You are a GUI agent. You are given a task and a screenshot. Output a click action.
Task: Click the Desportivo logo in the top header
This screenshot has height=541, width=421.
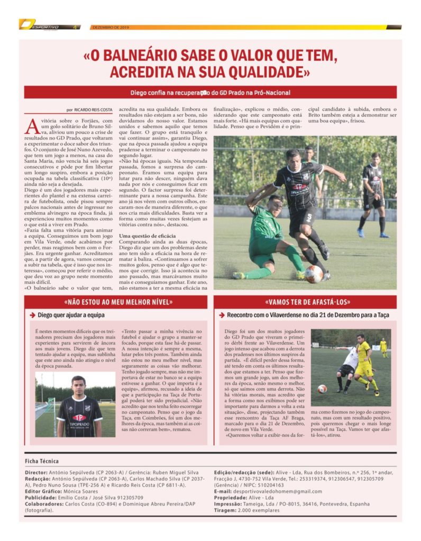click(x=48, y=25)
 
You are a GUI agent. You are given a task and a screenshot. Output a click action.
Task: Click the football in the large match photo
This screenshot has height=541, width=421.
click(x=313, y=274)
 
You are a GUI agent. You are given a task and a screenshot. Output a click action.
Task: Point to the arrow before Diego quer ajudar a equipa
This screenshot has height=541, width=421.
click(x=32, y=315)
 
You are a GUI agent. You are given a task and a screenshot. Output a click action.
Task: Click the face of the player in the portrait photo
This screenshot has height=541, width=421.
click(x=78, y=384)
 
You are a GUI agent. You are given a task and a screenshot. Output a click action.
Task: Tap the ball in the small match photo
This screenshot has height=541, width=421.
click(x=322, y=389)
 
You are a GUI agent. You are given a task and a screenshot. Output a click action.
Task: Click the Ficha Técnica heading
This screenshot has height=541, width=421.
click(x=42, y=461)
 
